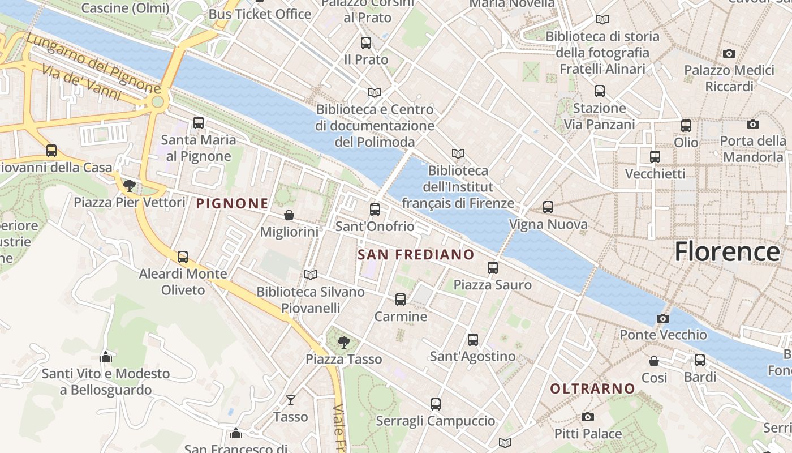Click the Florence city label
pos(727,251)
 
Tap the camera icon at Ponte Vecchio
pos(663,319)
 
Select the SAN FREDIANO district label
pos(416,255)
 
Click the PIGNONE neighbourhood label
pos(233,203)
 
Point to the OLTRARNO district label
pos(593,388)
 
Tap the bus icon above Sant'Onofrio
pos(375,210)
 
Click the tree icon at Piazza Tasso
pos(343,342)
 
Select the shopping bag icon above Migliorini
pos(289,215)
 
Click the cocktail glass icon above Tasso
pos(291,400)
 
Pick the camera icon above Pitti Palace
pos(588,417)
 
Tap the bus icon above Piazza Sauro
pos(493,268)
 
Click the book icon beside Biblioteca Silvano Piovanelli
pos(310,275)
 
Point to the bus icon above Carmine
pos(401,300)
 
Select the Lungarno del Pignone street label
pos(93,63)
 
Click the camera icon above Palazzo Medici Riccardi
pos(729,54)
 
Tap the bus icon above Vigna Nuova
pos(548,208)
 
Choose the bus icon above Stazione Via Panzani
pos(600,91)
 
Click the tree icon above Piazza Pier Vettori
pos(130,185)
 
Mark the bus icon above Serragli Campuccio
pos(436,404)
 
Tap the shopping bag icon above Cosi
pos(654,361)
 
